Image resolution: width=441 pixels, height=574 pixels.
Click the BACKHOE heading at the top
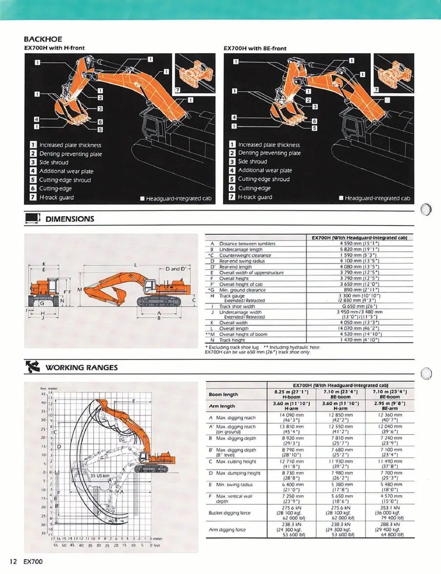(43, 39)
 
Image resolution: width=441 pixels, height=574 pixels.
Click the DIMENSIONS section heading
(69, 219)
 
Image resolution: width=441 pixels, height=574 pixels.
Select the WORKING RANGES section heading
(81, 368)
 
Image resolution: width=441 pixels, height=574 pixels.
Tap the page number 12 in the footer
(13, 562)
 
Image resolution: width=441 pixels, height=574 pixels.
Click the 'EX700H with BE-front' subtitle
(255, 48)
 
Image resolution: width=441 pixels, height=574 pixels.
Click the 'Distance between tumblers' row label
(247, 243)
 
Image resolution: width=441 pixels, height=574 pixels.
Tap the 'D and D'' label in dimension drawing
(177, 269)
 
